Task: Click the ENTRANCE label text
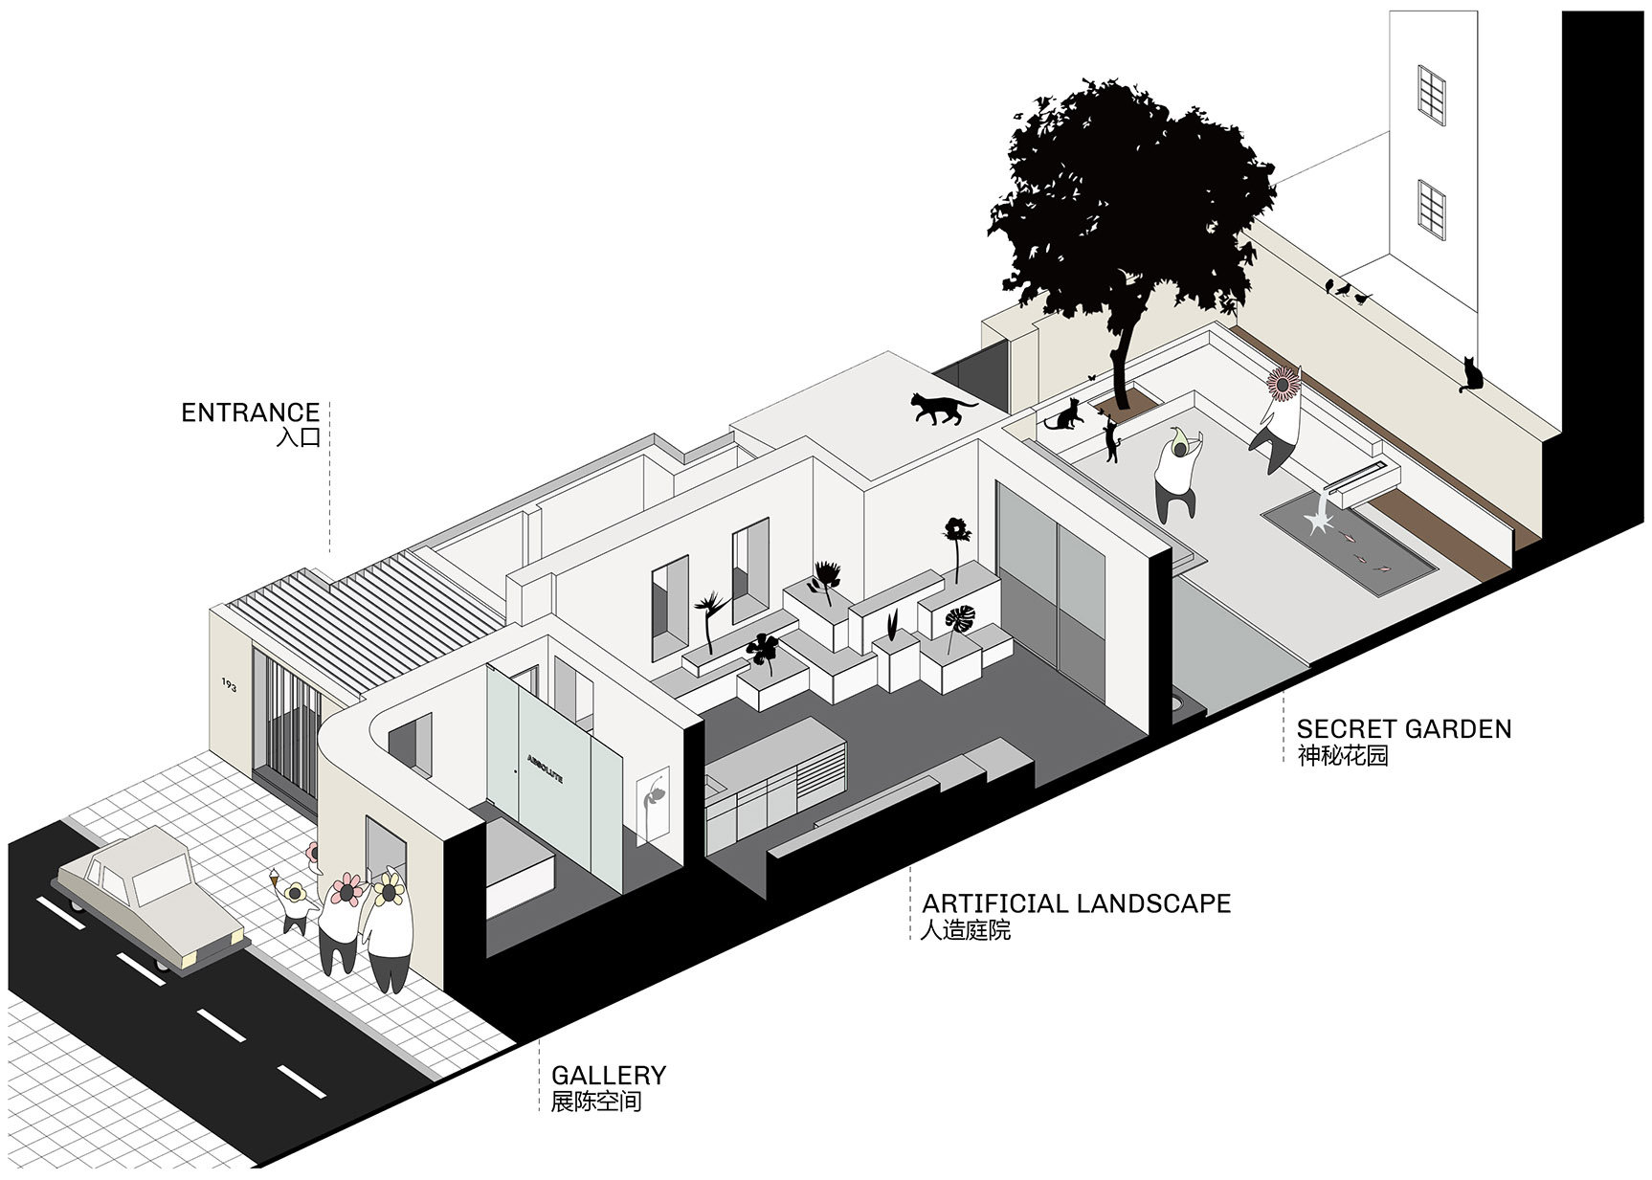pos(251,412)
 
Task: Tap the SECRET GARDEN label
pos(1404,728)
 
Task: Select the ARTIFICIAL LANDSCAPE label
pos(1077,903)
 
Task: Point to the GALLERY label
pos(609,1075)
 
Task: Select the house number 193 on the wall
pos(230,685)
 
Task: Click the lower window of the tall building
pos(1432,210)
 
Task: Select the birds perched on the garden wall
pos(1347,290)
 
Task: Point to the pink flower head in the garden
pos(1284,383)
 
